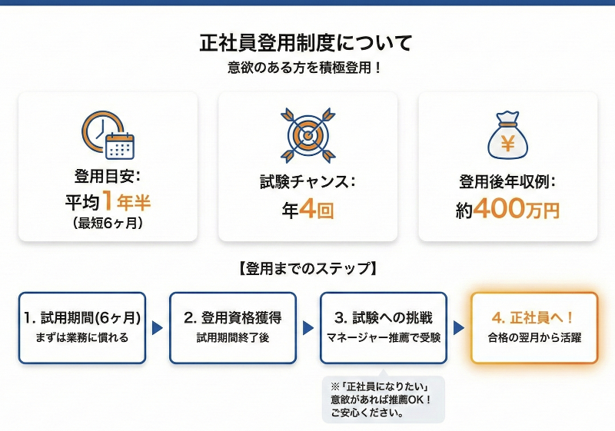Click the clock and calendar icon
click(x=108, y=136)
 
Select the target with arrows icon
click(x=307, y=135)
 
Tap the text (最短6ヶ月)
click(x=108, y=224)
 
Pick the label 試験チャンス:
click(x=307, y=183)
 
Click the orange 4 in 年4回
click(x=307, y=210)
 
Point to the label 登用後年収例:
click(x=507, y=183)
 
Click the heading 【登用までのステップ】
click(x=307, y=269)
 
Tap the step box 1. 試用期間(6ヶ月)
click(x=82, y=327)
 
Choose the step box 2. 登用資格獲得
click(x=233, y=327)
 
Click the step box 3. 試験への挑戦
click(x=384, y=327)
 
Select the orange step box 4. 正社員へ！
click(x=534, y=327)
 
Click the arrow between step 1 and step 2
click(x=158, y=328)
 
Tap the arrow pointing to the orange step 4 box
click(x=459, y=328)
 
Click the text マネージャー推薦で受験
click(x=384, y=337)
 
